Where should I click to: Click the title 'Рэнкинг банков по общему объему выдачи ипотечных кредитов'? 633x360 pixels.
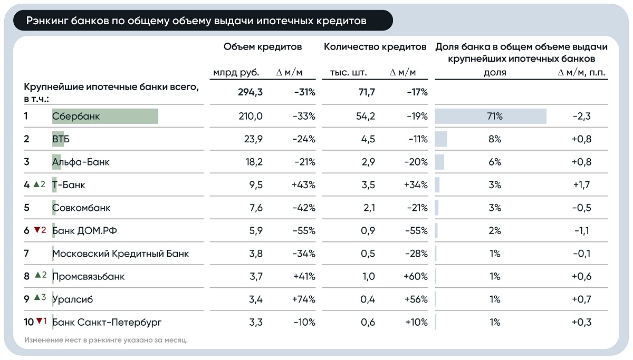click(x=197, y=21)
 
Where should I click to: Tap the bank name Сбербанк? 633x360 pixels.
click(x=76, y=116)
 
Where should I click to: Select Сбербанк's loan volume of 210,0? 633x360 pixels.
click(x=251, y=116)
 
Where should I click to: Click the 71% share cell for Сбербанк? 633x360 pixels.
click(x=494, y=116)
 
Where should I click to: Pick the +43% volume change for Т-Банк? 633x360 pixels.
click(x=304, y=185)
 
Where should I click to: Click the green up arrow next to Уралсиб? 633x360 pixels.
click(x=37, y=298)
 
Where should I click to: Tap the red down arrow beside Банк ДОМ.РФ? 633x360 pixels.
click(x=37, y=230)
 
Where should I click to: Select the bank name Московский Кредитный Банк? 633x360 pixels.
click(x=120, y=254)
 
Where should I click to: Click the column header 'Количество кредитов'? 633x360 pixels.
click(x=375, y=47)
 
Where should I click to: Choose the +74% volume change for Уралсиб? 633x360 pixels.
click(x=304, y=299)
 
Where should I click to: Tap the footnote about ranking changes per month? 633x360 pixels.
click(x=106, y=340)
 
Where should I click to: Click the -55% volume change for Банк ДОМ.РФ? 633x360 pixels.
click(x=304, y=231)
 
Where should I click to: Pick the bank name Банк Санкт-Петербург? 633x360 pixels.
click(x=107, y=322)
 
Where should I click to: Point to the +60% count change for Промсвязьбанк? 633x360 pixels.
click(x=416, y=277)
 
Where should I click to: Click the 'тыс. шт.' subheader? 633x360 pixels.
click(x=348, y=73)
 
